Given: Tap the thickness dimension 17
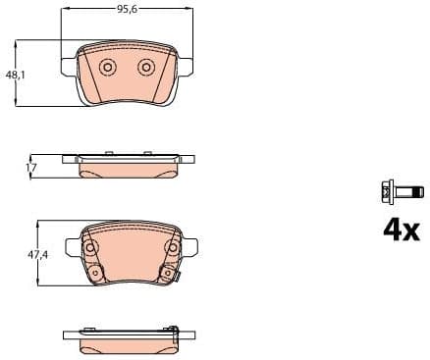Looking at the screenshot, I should pos(30,169).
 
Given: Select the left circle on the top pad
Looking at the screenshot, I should pos(108,67).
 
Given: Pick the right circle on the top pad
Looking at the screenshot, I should pos(146,67).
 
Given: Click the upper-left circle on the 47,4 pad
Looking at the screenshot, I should pos(94,249).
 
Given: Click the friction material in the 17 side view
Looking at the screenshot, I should pos(128,169).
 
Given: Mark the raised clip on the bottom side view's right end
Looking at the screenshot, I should pos(174,328).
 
